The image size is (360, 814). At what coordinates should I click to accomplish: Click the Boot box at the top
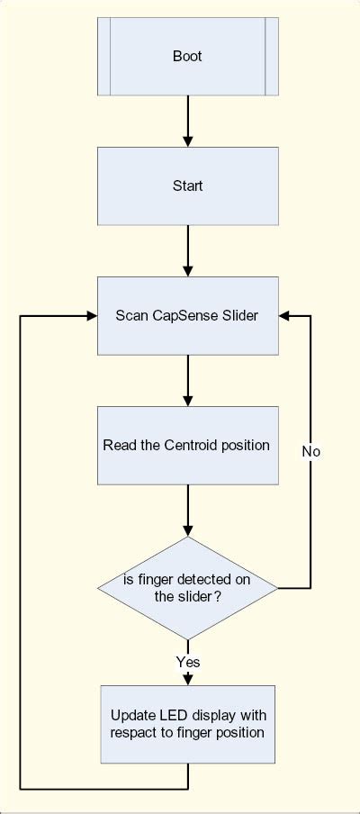pos(187,56)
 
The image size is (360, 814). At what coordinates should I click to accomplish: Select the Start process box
pos(187,186)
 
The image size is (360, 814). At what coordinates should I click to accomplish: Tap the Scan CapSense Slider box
pos(187,315)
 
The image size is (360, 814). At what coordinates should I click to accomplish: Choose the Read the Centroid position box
pos(187,445)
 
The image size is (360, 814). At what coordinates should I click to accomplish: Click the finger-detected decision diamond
pos(187,588)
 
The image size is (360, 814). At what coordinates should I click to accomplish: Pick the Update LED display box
pos(187,724)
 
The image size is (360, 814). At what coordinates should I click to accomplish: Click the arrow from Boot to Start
pos(187,121)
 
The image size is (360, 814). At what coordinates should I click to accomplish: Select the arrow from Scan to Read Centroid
pos(187,380)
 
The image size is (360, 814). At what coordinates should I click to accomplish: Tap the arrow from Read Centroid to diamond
pos(187,511)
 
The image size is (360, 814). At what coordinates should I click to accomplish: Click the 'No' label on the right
pos(310,451)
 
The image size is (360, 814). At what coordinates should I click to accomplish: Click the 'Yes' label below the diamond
pos(187,662)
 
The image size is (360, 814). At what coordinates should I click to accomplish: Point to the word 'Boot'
pos(187,56)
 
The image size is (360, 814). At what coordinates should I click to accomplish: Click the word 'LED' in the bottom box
pos(173,715)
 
